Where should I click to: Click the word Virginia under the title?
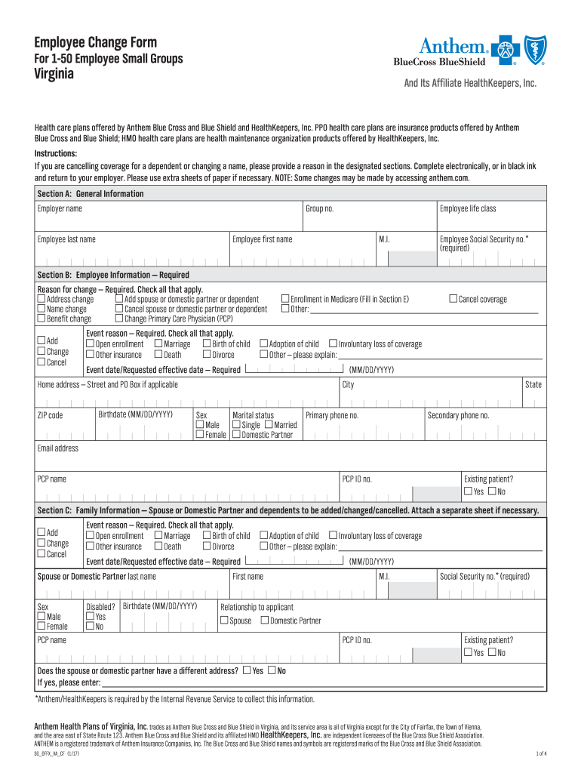pos(55,75)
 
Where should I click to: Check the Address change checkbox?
pos(41,300)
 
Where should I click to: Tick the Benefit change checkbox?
pos(41,319)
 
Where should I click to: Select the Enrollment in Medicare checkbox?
pos(285,300)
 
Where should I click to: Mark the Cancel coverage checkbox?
pos(453,300)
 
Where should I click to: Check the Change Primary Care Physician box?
pos(119,319)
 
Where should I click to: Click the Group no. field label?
pos(319,208)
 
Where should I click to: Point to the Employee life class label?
pos(468,208)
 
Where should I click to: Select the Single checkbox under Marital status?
pos(236,425)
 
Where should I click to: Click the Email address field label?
pos(58,448)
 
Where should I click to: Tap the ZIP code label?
pos(51,415)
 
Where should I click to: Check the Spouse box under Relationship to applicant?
pos(224,621)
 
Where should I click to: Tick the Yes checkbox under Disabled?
pos(91,617)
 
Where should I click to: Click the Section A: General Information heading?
pos(91,194)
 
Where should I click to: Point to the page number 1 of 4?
pos(540,753)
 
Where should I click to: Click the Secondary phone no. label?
pos(459,415)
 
